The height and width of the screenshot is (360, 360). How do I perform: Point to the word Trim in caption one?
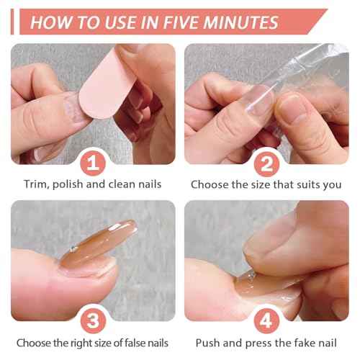tap(36, 184)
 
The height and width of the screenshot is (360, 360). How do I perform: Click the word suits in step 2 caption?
tap(308, 184)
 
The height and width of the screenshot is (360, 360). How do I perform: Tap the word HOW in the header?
tap(50, 22)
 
